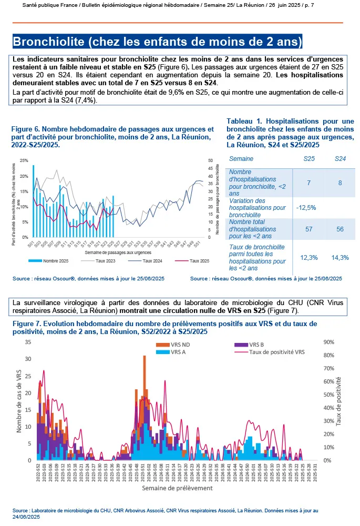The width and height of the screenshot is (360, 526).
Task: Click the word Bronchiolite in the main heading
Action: [x=46, y=41]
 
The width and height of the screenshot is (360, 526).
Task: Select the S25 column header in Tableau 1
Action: [x=310, y=158]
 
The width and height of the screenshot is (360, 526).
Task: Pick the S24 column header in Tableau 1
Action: [x=340, y=158]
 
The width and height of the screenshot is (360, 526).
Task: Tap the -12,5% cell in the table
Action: [x=306, y=207]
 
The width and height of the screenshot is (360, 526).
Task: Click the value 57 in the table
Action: [x=310, y=230]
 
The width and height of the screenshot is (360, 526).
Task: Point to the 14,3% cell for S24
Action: [x=340, y=257]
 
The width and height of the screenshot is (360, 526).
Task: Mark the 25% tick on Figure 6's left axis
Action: [x=24, y=160]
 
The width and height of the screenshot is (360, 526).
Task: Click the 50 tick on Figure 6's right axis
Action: [x=211, y=160]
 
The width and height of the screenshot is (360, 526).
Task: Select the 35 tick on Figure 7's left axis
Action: [x=28, y=342]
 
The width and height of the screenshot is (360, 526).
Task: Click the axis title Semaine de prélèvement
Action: [x=177, y=488]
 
